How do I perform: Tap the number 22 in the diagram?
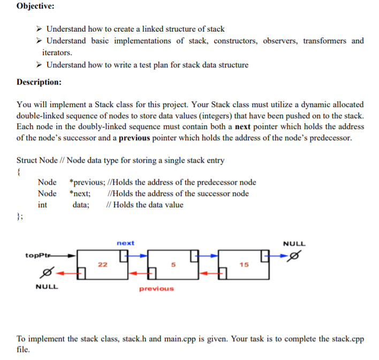pyautogui.click(x=102, y=264)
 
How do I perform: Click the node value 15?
pyautogui.click(x=244, y=264)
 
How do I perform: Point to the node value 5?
pyautogui.click(x=173, y=264)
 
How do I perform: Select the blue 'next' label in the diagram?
pyautogui.click(x=125, y=243)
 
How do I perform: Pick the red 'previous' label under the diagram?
pyautogui.click(x=156, y=289)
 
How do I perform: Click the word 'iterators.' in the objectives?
pyautogui.click(x=57, y=52)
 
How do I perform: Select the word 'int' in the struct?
pyautogui.click(x=42, y=205)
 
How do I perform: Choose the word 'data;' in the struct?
pyautogui.click(x=81, y=205)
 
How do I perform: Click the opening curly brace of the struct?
pyautogui.click(x=19, y=171)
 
